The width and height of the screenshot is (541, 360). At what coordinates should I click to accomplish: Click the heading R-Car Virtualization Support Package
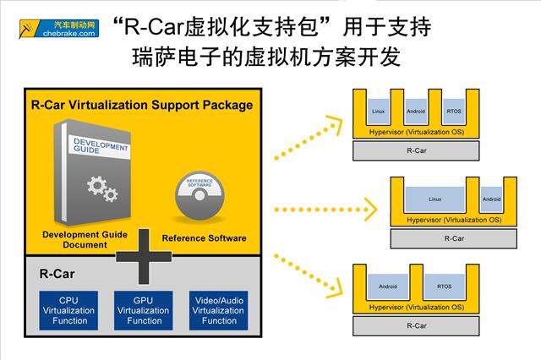pos(141,106)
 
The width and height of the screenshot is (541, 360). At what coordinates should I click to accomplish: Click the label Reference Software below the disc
pos(204,238)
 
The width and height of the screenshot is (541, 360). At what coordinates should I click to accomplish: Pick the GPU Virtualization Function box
pos(145,310)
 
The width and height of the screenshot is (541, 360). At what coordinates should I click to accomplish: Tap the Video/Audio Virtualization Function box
pos(219,310)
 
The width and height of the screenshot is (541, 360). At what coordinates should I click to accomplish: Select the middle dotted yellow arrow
pos(321,207)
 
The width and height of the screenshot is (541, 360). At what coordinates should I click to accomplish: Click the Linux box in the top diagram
pos(379,112)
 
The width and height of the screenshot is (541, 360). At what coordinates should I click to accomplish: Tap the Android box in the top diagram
pos(416,112)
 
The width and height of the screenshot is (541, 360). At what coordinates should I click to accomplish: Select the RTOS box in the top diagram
pos(454,112)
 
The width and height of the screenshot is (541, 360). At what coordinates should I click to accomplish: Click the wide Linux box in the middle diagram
pos(435,199)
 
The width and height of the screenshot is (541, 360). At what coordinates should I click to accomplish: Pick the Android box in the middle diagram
pos(490,199)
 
